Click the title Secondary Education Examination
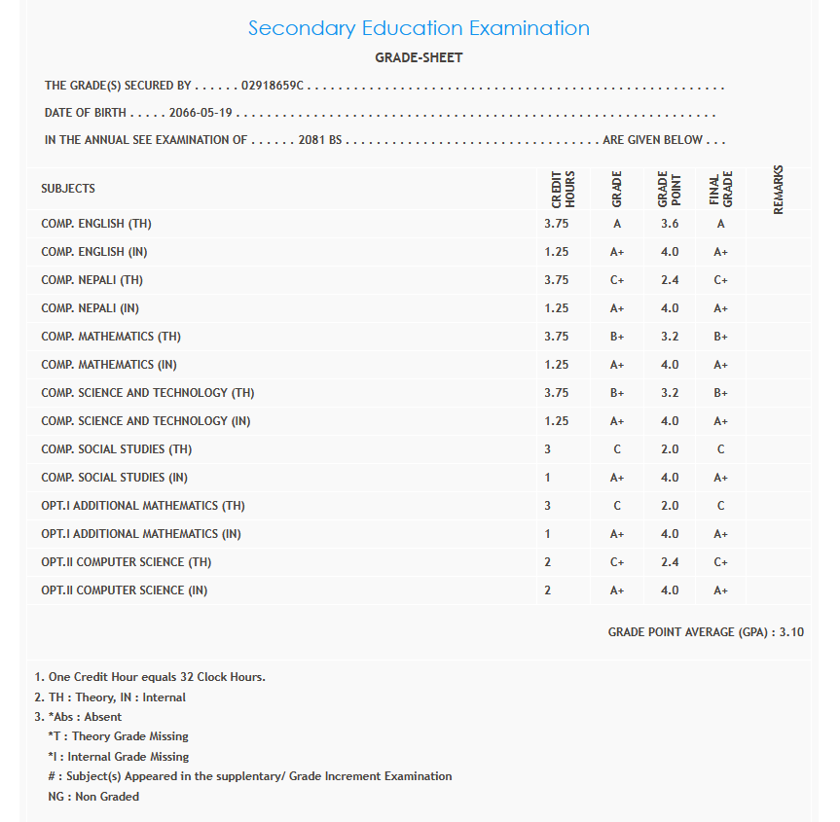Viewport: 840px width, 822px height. click(x=419, y=28)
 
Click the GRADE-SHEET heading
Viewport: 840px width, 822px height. click(x=419, y=57)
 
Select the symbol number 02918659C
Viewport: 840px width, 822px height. click(x=274, y=86)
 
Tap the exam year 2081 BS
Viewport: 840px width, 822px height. click(x=320, y=140)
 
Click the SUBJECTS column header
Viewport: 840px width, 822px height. click(x=68, y=188)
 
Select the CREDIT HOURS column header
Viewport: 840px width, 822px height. click(x=564, y=189)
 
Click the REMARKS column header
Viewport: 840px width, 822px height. click(x=778, y=189)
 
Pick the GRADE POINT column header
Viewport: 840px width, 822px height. click(x=669, y=189)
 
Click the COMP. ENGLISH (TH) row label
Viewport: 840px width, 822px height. click(x=96, y=224)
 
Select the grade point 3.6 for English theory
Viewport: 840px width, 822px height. click(x=670, y=224)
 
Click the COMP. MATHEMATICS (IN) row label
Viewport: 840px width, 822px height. click(x=109, y=365)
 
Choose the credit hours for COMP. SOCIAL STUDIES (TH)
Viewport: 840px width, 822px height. click(x=548, y=449)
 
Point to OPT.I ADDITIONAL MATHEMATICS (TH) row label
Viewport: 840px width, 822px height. click(x=143, y=506)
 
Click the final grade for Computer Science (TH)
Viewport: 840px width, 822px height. click(x=720, y=562)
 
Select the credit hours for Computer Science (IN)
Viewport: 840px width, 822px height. click(x=548, y=590)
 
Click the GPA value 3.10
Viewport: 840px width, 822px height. click(x=792, y=632)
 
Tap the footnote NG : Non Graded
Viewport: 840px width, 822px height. click(x=93, y=797)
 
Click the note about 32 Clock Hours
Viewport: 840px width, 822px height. click(x=156, y=677)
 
